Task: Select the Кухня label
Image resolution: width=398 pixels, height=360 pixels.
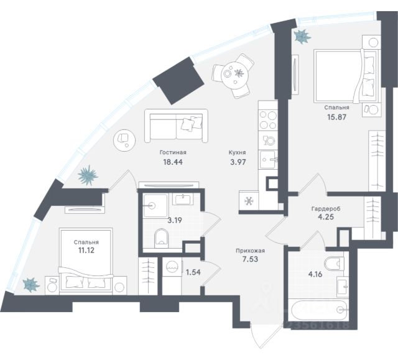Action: pos(236,152)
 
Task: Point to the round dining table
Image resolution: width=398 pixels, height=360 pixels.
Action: pos(237,74)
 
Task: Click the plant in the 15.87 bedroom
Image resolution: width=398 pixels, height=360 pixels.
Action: pos(302,36)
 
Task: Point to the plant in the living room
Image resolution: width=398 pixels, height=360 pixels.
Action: pos(88,175)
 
